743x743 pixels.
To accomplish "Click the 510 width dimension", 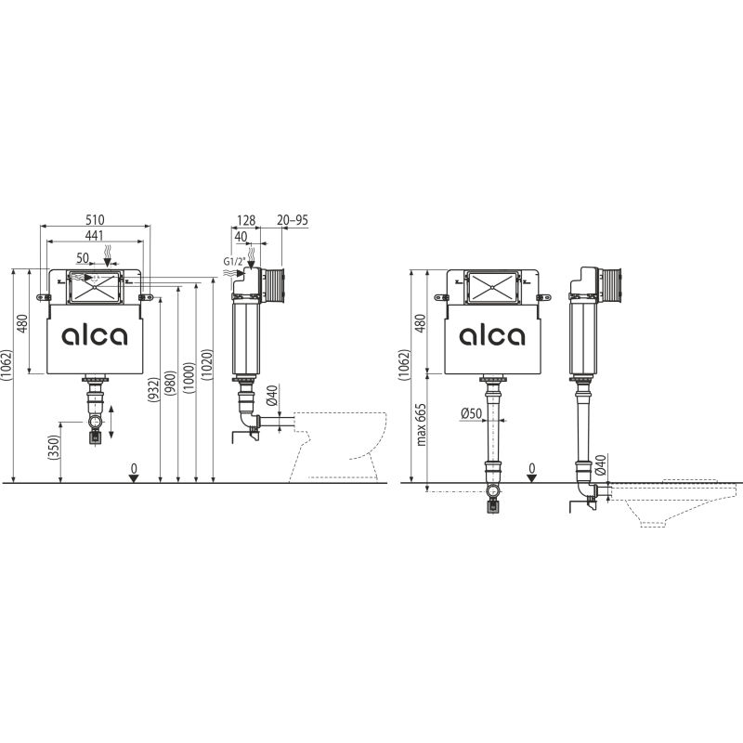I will click(x=95, y=219).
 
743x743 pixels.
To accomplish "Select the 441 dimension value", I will click(x=95, y=238).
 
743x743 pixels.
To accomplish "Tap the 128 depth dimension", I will click(x=245, y=219).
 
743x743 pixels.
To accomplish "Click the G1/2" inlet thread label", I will click(x=234, y=262).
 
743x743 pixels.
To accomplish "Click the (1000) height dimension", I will click(x=189, y=378).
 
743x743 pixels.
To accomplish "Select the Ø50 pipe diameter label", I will click(x=469, y=413).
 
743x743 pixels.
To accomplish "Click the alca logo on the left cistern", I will click(x=95, y=335).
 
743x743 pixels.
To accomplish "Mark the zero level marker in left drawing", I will click(x=135, y=472).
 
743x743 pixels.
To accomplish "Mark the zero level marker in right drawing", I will click(x=531, y=472).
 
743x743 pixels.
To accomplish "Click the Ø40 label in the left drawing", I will click(x=271, y=397).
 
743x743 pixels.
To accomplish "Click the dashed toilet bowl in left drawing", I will click(x=339, y=446).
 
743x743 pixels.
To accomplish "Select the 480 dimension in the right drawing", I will click(x=421, y=322).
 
